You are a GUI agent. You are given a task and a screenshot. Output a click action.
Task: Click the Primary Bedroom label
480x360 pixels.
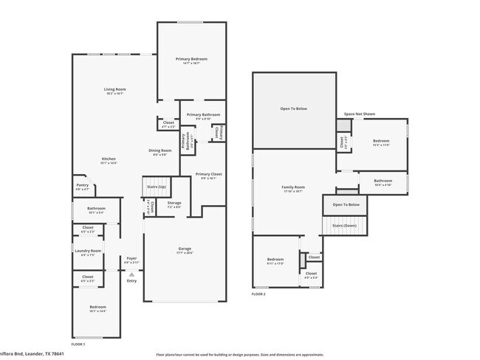191,59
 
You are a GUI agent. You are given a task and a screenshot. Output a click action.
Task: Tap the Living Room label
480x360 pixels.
114,89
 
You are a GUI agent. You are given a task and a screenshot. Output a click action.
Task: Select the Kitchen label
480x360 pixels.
109,159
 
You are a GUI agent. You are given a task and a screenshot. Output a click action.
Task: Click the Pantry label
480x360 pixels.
81,186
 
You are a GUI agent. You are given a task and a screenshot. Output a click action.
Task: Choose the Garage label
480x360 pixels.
185,249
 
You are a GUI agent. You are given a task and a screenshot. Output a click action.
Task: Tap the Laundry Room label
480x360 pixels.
87,252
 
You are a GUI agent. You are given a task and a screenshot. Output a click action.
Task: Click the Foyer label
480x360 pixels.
131,258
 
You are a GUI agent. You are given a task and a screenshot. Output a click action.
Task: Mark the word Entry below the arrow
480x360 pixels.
131,281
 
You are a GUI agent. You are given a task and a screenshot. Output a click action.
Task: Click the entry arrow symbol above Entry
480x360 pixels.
131,274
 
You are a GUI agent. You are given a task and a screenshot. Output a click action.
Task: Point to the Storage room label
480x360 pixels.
174,203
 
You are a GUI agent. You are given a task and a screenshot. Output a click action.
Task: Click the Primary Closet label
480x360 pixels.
209,174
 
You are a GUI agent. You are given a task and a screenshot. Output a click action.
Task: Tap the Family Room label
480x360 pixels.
293,187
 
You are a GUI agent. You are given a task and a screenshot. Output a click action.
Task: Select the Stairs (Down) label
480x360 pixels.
345,226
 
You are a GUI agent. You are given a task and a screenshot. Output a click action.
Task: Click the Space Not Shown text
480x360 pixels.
359,114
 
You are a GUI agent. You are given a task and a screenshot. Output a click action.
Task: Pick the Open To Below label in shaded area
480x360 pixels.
293,108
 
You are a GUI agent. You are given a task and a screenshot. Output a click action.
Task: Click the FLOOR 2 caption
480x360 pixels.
258,294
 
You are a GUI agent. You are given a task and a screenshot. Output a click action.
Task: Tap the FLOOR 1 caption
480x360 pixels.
78,345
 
